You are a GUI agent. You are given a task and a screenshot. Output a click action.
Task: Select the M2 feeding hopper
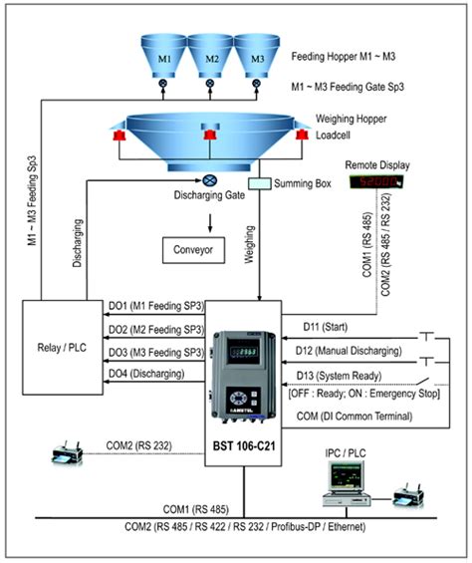[210, 57]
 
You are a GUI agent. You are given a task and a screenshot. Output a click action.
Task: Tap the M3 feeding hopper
[257, 57]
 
